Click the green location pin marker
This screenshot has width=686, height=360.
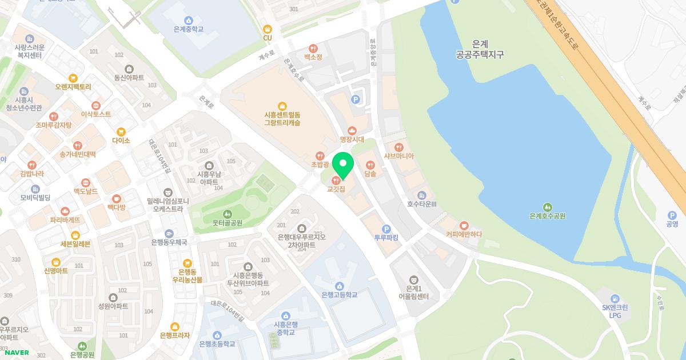(x=343, y=166)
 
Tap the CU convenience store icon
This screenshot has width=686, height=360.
(x=267, y=29)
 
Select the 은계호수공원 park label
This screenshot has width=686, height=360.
(x=547, y=216)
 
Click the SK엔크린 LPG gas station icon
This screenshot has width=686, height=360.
(x=615, y=298)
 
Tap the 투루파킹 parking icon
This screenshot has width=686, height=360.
(x=386, y=228)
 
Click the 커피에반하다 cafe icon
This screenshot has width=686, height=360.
(x=464, y=225)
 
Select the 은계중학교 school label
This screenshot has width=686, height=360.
(x=189, y=29)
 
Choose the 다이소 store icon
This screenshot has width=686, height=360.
(x=121, y=131)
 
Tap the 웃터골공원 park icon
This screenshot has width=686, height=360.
(x=220, y=214)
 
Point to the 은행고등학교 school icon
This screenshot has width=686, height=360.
(x=339, y=286)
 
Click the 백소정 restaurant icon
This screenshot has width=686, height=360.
(x=313, y=49)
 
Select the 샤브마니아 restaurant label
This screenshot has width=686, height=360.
(x=399, y=155)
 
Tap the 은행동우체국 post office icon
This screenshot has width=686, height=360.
(x=169, y=233)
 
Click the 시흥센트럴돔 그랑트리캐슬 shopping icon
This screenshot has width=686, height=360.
(x=282, y=105)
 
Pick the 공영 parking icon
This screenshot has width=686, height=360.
(x=672, y=215)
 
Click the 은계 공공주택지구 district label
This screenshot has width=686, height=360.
(x=480, y=49)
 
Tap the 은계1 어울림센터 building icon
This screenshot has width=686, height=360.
(x=413, y=278)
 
